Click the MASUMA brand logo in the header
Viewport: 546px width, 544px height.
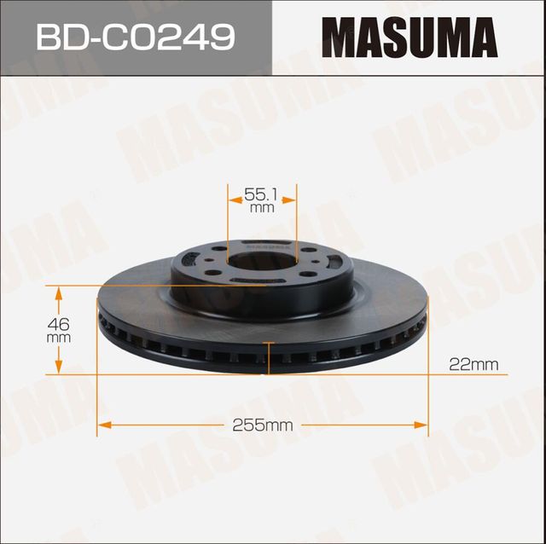point(409,38)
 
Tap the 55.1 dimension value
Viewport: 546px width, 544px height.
point(262,194)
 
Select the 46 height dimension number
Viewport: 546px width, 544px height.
point(59,324)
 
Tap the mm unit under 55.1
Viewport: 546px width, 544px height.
point(262,208)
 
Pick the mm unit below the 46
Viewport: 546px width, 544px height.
point(59,338)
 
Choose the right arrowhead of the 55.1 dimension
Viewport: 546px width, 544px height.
point(290,201)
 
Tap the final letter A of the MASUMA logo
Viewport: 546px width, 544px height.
point(480,38)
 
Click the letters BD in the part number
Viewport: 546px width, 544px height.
point(65,37)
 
